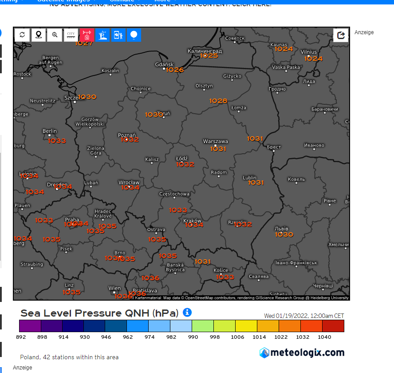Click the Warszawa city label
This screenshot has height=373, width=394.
pyautogui.click(x=215, y=142)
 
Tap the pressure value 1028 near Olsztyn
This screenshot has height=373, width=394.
pyautogui.click(x=218, y=101)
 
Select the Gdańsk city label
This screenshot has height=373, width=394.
pyautogui.click(x=164, y=65)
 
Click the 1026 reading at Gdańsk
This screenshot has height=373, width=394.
pyautogui.click(x=175, y=70)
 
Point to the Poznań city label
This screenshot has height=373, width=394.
pyautogui.click(x=127, y=135)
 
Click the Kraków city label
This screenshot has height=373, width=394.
pyautogui.click(x=192, y=221)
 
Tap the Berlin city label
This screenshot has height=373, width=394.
pyautogui.click(x=50, y=131)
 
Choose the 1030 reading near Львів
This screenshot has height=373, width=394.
pyautogui.click(x=284, y=234)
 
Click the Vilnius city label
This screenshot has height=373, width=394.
pyautogui.click(x=308, y=52)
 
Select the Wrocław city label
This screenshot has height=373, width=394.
pyautogui.click(x=129, y=183)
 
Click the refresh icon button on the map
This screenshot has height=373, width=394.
pyautogui.click(x=22, y=35)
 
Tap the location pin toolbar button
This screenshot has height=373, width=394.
pyautogui.click(x=39, y=35)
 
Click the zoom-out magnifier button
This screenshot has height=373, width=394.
pyautogui.click(x=55, y=35)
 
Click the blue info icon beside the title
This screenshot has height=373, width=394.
pyautogui.click(x=187, y=313)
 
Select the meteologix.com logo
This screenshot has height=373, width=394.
pyautogui.click(x=302, y=353)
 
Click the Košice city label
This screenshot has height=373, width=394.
pyautogui.click(x=221, y=270)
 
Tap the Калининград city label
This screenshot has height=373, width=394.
pyautogui.click(x=205, y=51)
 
